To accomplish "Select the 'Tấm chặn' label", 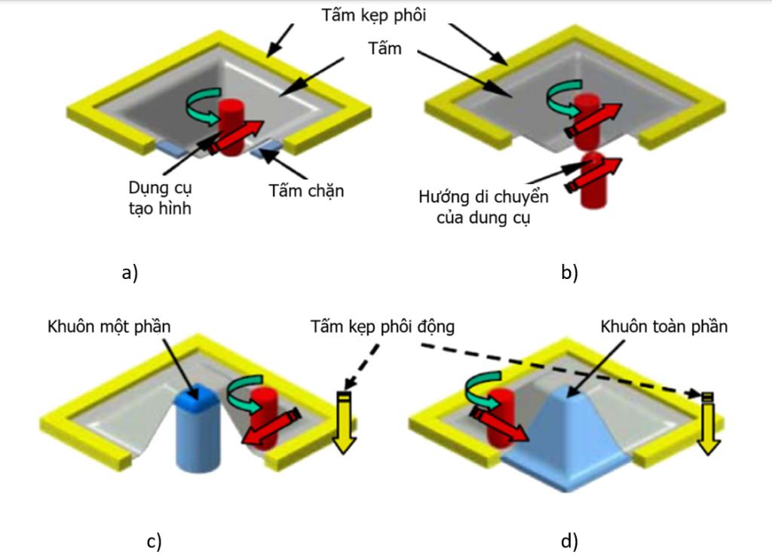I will pyautogui.click(x=306, y=190).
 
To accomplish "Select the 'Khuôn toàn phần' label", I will pyautogui.click(x=664, y=327).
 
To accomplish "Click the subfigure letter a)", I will pyautogui.click(x=130, y=273).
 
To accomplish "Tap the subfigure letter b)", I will pyautogui.click(x=569, y=273).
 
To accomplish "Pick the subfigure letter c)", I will pyautogui.click(x=154, y=541).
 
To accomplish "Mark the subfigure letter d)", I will pyautogui.click(x=569, y=541).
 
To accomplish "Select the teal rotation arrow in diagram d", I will pyautogui.click(x=476, y=391).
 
